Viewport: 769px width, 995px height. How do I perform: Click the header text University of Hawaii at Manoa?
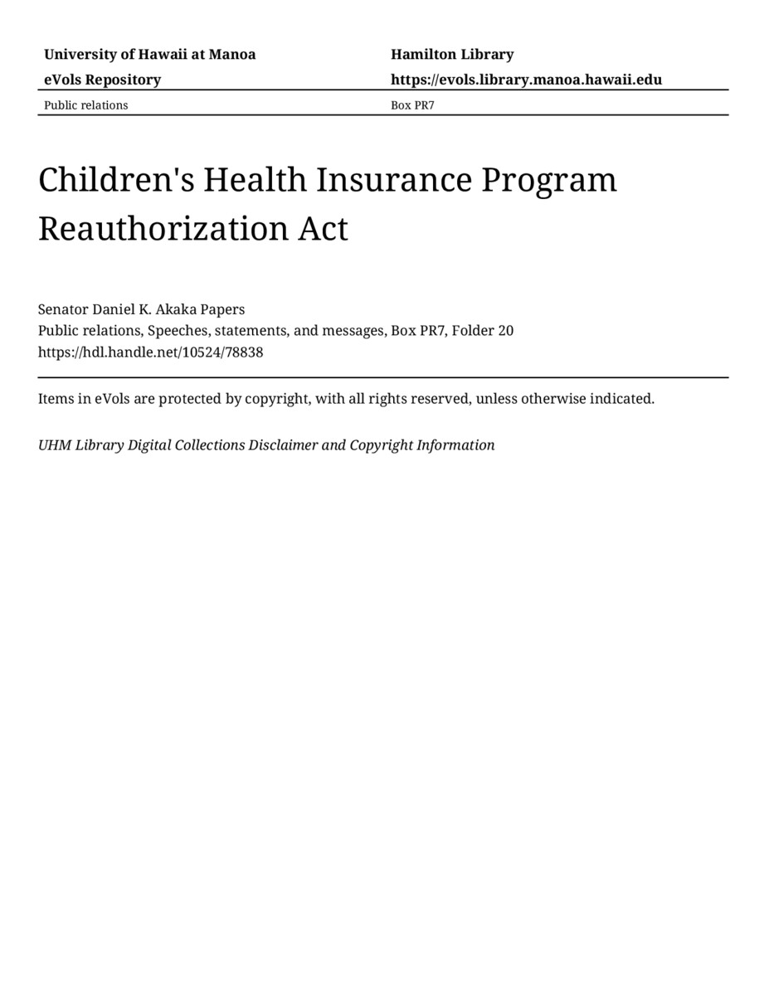click(149, 55)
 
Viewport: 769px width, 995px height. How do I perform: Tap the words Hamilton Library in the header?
click(452, 55)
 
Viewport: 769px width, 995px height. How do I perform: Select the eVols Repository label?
click(102, 80)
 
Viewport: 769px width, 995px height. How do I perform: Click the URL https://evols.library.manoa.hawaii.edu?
click(526, 80)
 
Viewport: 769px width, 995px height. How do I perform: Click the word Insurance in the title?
click(386, 180)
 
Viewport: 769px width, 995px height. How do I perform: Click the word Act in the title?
click(323, 229)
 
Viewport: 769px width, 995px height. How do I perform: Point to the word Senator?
click(63, 309)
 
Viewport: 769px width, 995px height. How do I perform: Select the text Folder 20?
click(482, 331)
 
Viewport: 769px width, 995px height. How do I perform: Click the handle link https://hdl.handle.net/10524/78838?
click(150, 352)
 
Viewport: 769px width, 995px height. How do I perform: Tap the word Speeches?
click(178, 331)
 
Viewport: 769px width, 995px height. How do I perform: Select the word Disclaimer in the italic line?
click(283, 445)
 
